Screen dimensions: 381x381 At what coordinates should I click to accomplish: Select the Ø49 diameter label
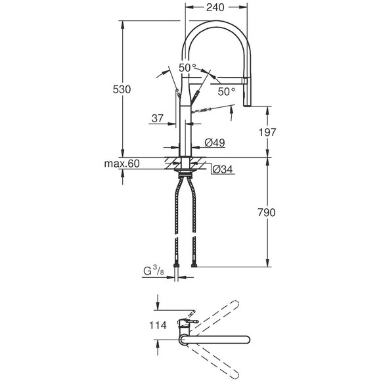coord(215,143)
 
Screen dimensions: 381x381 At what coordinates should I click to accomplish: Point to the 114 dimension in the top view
coord(158,325)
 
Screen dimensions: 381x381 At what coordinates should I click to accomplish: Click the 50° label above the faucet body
coord(187,68)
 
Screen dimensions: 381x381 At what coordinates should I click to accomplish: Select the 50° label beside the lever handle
coord(226,92)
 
